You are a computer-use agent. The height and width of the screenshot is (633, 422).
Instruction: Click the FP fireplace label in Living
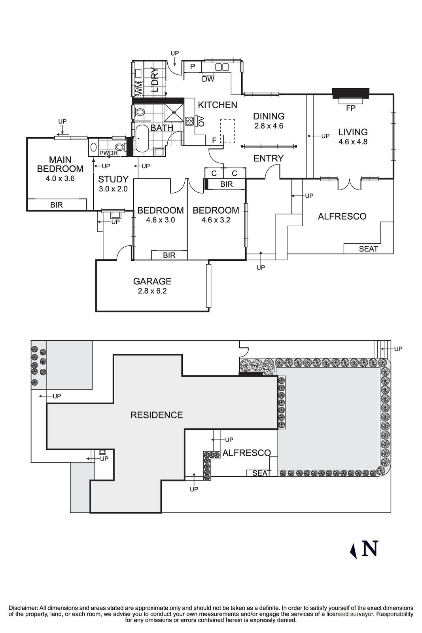(350, 108)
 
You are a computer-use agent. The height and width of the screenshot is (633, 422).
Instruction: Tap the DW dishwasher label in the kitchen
(208, 79)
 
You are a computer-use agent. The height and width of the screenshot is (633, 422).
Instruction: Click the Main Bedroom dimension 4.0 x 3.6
(60, 178)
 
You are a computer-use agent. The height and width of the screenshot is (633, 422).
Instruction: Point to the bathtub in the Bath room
(142, 139)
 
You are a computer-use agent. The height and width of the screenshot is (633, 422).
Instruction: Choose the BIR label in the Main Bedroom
(57, 205)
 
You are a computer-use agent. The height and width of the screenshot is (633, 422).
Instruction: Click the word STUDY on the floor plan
(113, 179)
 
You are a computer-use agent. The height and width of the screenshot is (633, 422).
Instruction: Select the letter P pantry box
(193, 67)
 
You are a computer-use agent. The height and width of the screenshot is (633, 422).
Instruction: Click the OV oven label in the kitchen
(201, 121)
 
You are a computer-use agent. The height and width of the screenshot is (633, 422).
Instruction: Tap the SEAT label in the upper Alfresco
(368, 249)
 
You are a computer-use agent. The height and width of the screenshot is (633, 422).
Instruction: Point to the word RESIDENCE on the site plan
(157, 415)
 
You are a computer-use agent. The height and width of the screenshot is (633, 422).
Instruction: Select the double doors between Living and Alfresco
(350, 184)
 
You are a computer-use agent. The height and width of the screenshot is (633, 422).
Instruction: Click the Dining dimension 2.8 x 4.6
(269, 126)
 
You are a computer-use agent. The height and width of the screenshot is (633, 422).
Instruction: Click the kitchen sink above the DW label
(222, 67)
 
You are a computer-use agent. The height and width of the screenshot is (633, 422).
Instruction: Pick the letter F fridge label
(214, 140)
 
